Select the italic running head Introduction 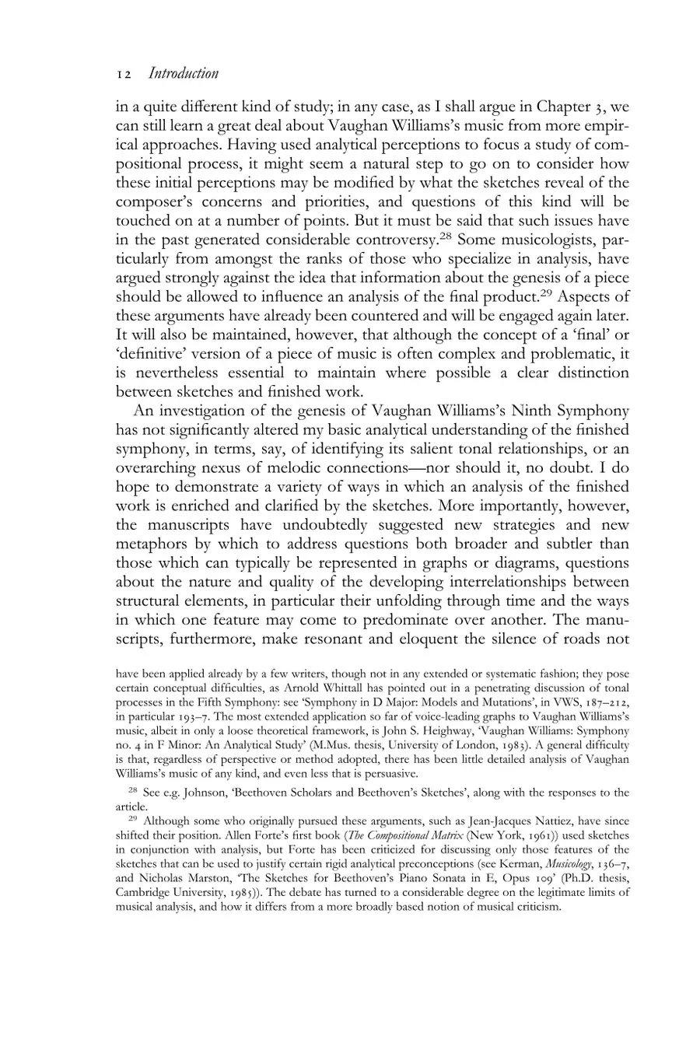coord(183,73)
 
